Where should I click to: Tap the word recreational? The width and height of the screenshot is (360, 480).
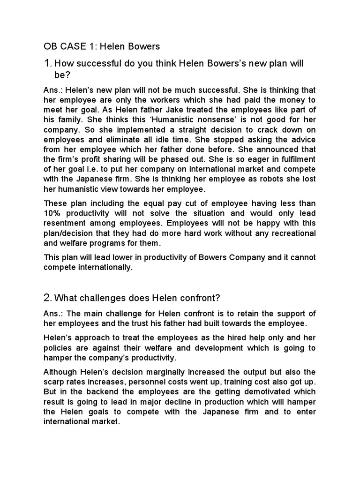pyautogui.click(x=291, y=233)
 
